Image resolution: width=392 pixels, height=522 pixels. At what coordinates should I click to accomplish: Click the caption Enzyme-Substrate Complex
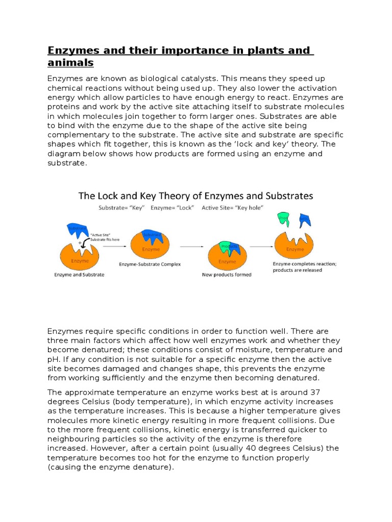[150, 265]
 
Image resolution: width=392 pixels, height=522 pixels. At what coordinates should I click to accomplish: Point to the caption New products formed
[227, 274]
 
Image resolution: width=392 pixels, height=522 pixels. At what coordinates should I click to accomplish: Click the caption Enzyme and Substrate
[79, 275]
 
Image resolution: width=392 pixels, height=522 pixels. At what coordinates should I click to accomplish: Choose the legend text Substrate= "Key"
[121, 208]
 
